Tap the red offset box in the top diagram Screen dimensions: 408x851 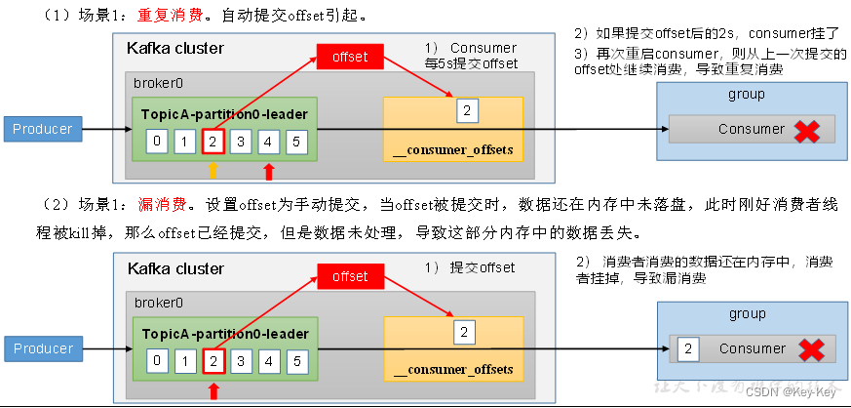[350, 57]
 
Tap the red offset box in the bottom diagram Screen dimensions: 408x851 [350, 277]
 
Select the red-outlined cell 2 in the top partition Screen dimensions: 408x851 [213, 143]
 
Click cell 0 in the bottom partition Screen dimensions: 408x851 [156, 362]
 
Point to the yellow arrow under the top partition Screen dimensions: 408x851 [213, 172]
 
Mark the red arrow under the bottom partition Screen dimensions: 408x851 [213, 391]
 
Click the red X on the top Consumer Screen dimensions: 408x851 [807, 131]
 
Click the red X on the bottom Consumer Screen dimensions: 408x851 [807, 350]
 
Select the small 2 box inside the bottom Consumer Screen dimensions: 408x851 [688, 349]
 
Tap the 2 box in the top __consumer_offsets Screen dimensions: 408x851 [466, 111]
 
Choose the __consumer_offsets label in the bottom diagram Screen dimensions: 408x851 [453, 370]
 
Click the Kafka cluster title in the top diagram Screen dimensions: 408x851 [174, 48]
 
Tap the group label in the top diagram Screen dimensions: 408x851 [747, 95]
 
